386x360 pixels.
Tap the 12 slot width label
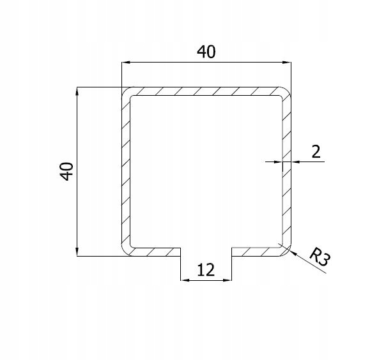pyautogui.click(x=206, y=269)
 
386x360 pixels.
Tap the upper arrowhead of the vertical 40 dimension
pyautogui.click(x=77, y=92)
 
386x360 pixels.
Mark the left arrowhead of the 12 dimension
pyautogui.click(x=184, y=279)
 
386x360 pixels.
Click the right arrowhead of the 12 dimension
pyautogui.click(x=228, y=279)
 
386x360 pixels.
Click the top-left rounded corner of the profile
pyautogui.click(x=126, y=91)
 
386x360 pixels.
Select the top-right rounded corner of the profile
pyautogui.click(x=284, y=91)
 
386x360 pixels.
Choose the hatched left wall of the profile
pyautogui.click(x=125, y=171)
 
